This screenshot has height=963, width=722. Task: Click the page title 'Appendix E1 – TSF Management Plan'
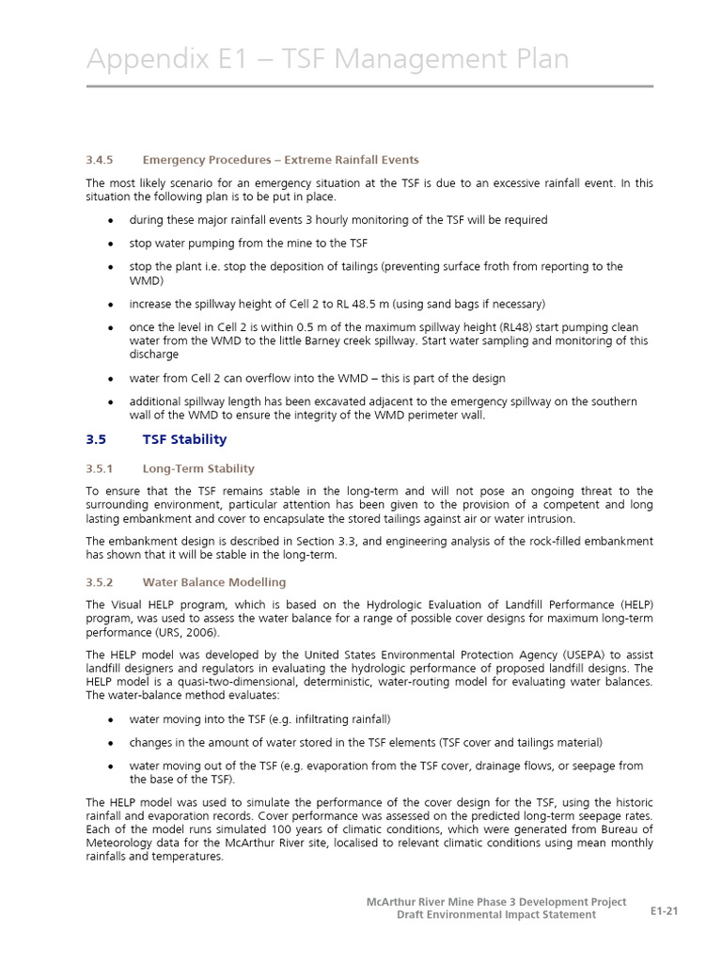(327, 59)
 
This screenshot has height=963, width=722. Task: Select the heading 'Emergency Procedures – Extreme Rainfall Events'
(280, 160)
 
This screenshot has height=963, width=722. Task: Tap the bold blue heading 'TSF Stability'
(184, 439)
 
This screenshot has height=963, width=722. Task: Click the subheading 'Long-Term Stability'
(198, 468)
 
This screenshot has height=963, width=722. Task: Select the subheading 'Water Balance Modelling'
(213, 582)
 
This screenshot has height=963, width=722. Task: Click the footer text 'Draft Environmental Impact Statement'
(495, 915)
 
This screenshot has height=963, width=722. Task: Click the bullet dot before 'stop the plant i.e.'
(111, 267)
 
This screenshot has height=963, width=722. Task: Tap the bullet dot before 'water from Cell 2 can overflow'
(111, 379)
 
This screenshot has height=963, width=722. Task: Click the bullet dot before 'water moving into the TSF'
(111, 719)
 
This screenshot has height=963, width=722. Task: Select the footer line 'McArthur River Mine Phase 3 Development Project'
(495, 902)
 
